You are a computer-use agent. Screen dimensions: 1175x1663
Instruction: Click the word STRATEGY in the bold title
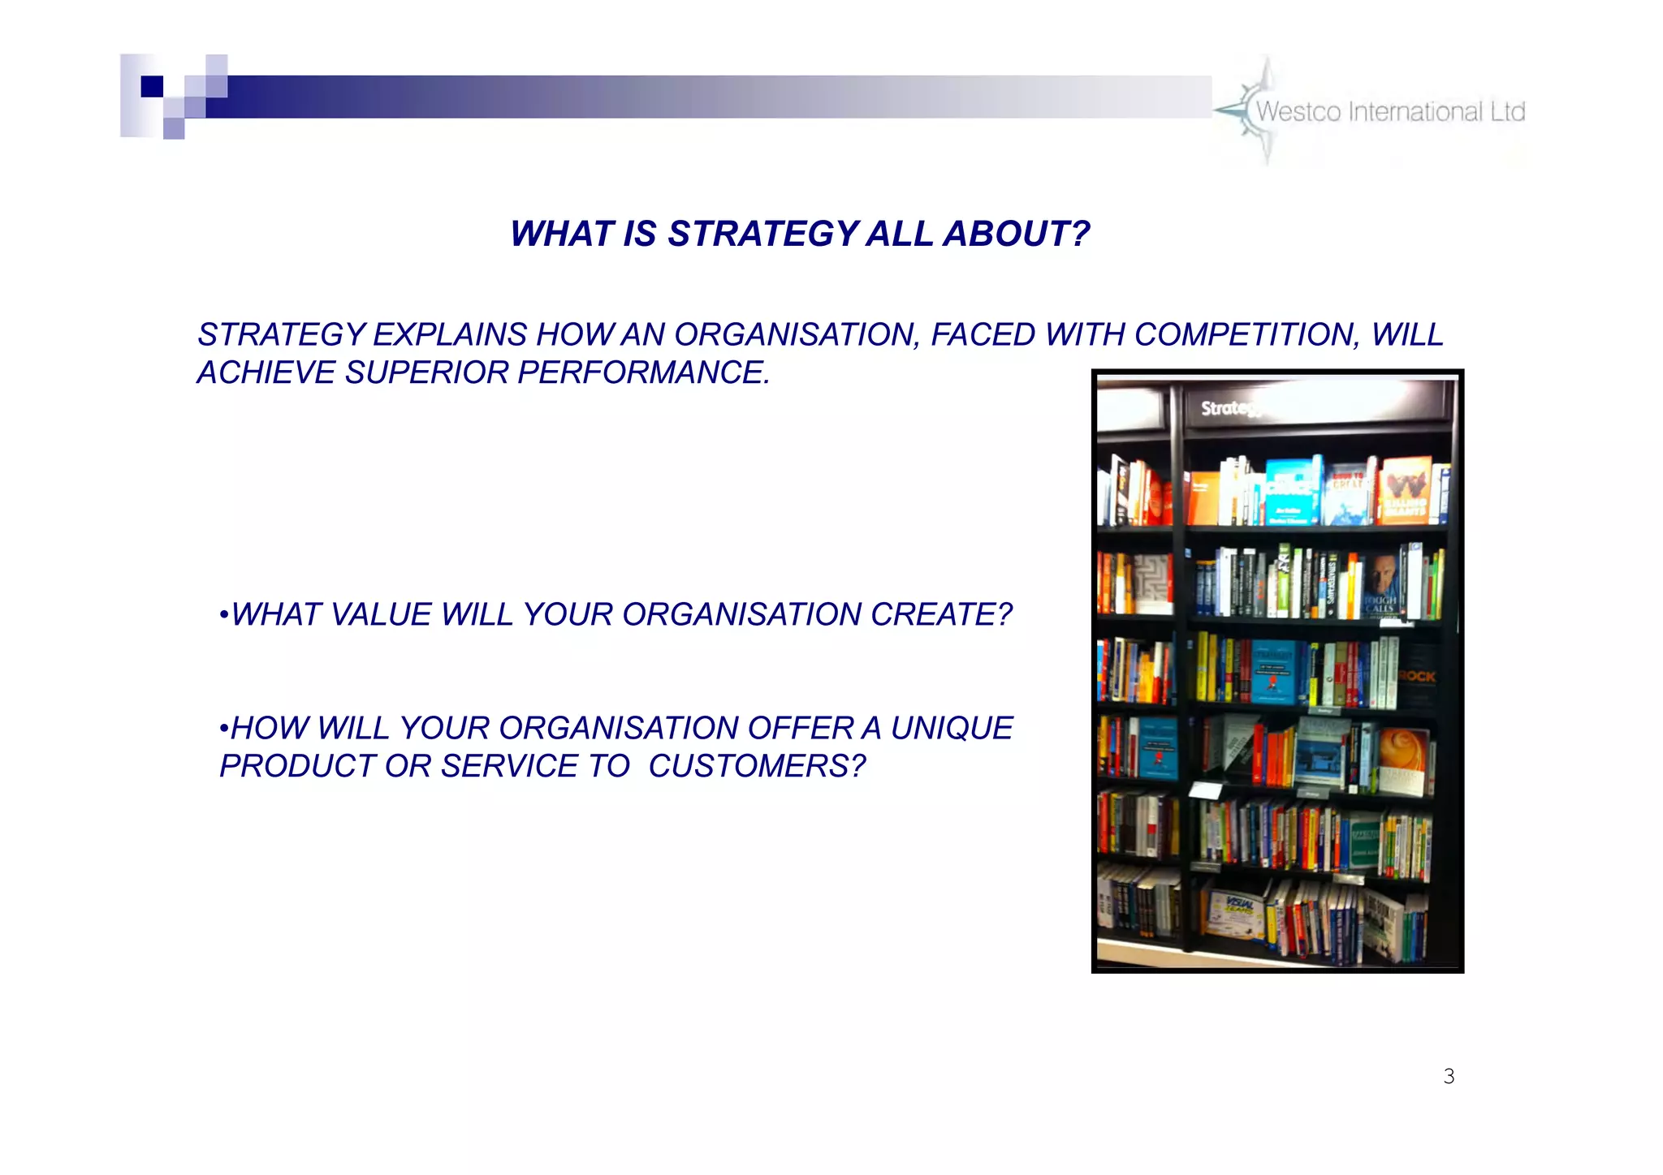tap(762, 235)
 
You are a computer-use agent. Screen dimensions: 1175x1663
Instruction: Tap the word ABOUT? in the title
tap(1016, 235)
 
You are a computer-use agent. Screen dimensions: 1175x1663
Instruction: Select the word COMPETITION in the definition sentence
tap(1246, 335)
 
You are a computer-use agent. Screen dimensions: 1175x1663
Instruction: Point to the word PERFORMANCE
tap(643, 373)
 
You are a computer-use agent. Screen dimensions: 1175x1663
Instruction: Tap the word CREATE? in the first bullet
tap(941, 615)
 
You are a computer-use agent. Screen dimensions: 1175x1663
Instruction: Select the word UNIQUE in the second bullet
tap(952, 729)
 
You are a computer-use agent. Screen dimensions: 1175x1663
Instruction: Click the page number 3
tap(1449, 1077)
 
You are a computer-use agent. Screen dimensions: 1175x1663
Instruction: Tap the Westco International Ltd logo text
tap(1390, 112)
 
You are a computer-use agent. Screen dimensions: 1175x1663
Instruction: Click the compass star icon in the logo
tap(1255, 110)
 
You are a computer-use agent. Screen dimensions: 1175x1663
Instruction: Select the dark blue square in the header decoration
tap(152, 86)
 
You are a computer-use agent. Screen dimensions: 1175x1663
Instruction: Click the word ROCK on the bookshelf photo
tap(1417, 676)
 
